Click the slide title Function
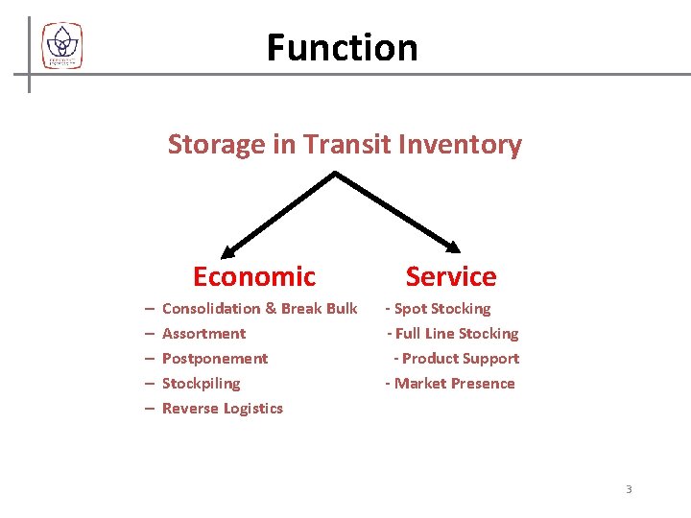click(x=342, y=47)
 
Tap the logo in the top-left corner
click(x=62, y=46)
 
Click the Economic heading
click(x=253, y=276)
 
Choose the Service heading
click(x=451, y=276)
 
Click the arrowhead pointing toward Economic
click(x=228, y=252)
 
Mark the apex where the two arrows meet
click(x=335, y=174)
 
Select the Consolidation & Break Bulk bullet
click(x=259, y=309)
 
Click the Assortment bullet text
click(x=203, y=334)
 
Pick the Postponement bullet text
click(x=215, y=359)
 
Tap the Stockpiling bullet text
click(x=201, y=384)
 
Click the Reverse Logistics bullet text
click(x=223, y=409)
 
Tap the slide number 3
click(x=629, y=489)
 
